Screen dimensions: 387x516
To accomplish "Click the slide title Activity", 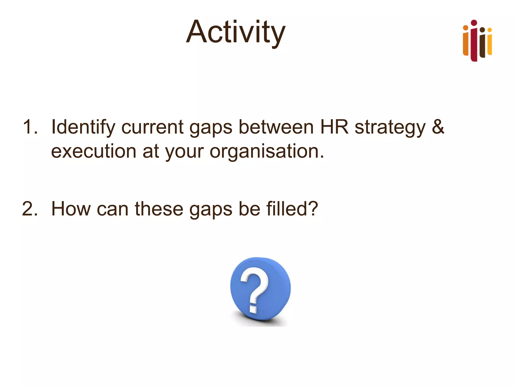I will click(236, 32).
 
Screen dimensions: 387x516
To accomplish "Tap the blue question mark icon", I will click(260, 289).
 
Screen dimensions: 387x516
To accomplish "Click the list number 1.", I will click(30, 127).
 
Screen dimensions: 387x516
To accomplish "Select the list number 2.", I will click(30, 209).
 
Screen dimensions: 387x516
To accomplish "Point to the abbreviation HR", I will click(334, 127).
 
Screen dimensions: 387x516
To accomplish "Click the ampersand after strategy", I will click(438, 127).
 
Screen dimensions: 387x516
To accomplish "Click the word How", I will click(71, 209).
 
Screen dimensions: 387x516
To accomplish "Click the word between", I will click(276, 127).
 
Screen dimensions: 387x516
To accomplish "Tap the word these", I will click(159, 209).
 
